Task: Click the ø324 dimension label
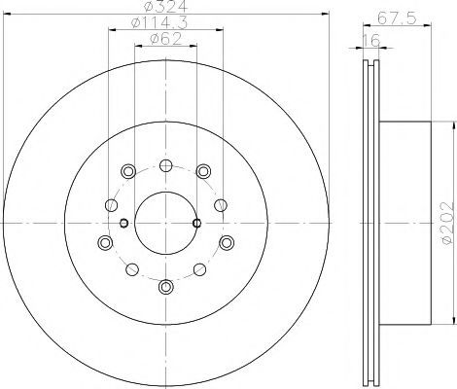(165, 5)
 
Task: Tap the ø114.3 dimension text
(159, 22)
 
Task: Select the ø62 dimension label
(165, 39)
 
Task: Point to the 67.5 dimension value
(397, 18)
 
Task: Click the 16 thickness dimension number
(371, 41)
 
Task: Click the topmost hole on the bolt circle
(166, 165)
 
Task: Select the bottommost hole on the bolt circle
(166, 286)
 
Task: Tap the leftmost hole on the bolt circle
(105, 242)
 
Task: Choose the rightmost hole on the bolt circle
(227, 242)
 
